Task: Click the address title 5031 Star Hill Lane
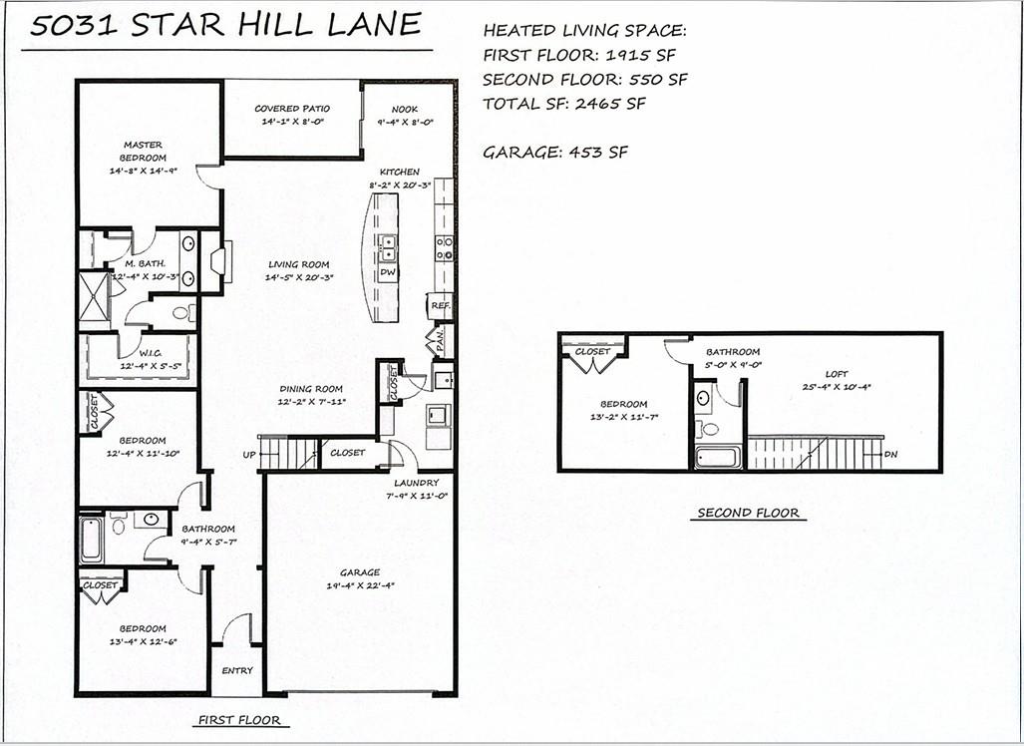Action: click(x=225, y=25)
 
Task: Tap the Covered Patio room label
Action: click(x=292, y=109)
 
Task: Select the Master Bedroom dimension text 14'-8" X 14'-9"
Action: click(x=143, y=171)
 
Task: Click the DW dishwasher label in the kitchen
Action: click(x=387, y=271)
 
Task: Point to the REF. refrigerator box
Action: click(x=441, y=305)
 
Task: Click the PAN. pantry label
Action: click(x=440, y=340)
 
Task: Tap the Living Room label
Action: click(x=298, y=264)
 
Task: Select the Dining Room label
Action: click(x=311, y=389)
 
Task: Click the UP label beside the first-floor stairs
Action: click(x=249, y=455)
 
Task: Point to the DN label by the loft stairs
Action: click(x=890, y=454)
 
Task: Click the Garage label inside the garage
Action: click(x=360, y=572)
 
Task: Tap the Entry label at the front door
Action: click(x=237, y=670)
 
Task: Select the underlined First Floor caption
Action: click(x=239, y=720)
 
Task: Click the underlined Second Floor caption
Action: click(x=749, y=513)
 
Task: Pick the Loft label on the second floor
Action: click(x=837, y=374)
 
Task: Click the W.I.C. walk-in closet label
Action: click(x=151, y=353)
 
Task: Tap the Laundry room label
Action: click(x=417, y=483)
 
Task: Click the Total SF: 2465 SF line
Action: click(x=564, y=103)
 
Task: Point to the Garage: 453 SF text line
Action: click(x=555, y=153)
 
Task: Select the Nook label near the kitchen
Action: click(x=405, y=109)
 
